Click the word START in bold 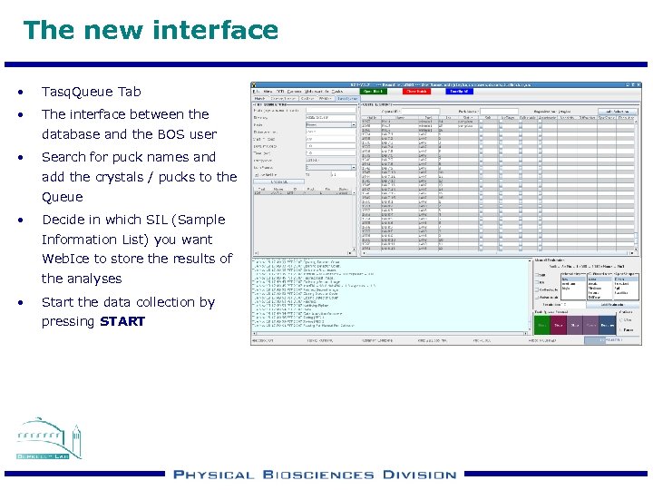pos(122,322)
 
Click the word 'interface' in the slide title pos(218,30)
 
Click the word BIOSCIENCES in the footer pos(317,475)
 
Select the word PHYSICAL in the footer pos(215,475)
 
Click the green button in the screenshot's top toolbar pos(373,91)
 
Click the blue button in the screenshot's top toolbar pos(459,91)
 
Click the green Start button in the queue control pos(542,324)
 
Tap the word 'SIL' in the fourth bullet pos(161,220)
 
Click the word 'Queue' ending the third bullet pos(62,197)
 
